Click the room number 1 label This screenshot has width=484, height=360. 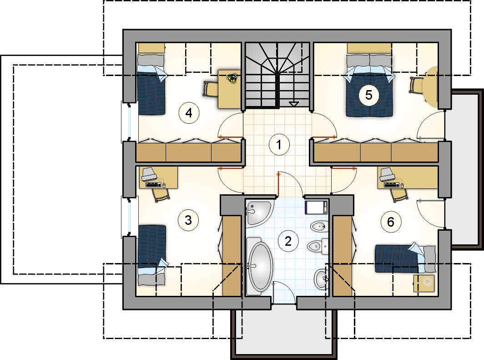click(279, 144)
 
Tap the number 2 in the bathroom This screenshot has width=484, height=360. click(288, 241)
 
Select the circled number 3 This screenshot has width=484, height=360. click(188, 220)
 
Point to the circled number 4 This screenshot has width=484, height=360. click(189, 113)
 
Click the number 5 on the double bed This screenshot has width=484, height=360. click(369, 95)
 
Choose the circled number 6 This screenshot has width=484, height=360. click(391, 222)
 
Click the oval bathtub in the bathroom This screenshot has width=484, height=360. click(260, 266)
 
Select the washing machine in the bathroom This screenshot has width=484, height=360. click(317, 207)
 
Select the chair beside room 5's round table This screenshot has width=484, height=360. click(417, 85)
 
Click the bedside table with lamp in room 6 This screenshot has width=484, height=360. click(424, 284)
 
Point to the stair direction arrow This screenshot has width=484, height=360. click(293, 104)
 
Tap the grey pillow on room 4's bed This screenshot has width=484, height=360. click(150, 60)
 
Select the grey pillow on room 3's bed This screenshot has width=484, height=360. click(151, 279)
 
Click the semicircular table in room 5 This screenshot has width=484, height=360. click(432, 87)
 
